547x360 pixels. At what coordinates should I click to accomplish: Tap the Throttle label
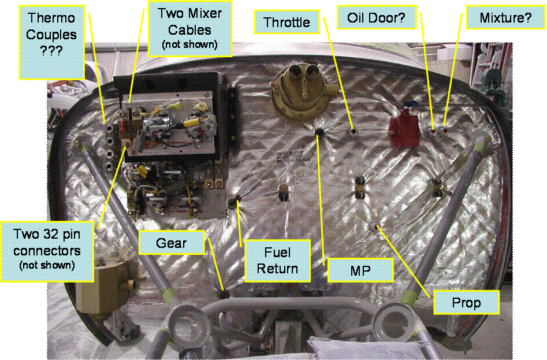[x=286, y=23]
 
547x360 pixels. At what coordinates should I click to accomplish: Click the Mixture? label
[x=505, y=18]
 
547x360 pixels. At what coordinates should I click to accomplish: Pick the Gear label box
[x=172, y=243]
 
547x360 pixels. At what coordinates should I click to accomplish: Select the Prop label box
[x=466, y=303]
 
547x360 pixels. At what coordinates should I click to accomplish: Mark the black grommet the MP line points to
[x=319, y=133]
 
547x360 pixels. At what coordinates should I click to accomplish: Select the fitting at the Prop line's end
[x=376, y=226]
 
